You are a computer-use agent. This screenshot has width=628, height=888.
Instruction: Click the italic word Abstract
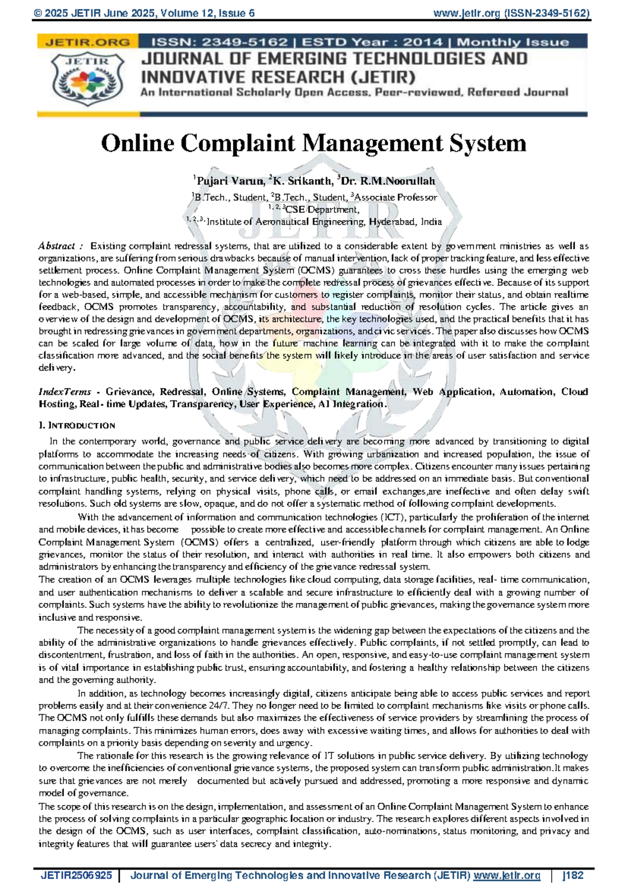pyautogui.click(x=57, y=246)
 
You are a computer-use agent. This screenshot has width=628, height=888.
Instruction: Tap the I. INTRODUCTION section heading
pyautogui.click(x=77, y=425)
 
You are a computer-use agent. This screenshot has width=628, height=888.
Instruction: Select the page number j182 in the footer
pyautogui.click(x=573, y=875)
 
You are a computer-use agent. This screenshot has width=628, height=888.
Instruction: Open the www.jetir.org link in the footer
pyautogui.click(x=506, y=875)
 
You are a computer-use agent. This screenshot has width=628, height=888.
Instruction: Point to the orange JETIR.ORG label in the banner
pyautogui.click(x=87, y=42)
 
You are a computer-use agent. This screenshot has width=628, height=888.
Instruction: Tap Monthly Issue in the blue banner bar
pyautogui.click(x=513, y=42)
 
